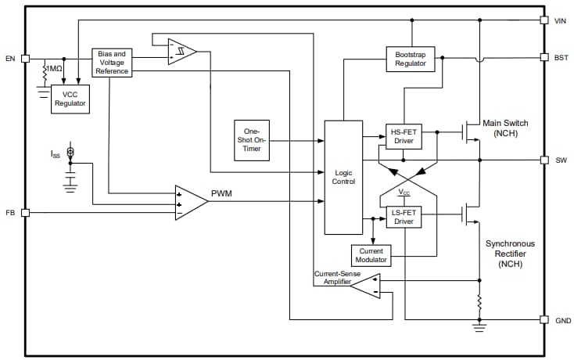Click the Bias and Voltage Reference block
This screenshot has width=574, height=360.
[x=112, y=63]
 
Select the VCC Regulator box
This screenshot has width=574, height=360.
[x=70, y=99]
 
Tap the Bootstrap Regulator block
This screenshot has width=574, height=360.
[x=410, y=59]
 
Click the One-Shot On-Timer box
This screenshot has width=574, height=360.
[x=252, y=140]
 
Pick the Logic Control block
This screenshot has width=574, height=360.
[x=343, y=177]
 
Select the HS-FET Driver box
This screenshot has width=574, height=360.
[x=403, y=137]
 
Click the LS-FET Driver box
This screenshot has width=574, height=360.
[x=403, y=217]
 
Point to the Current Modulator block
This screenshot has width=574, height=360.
[x=371, y=255]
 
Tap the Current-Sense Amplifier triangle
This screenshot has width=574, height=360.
[x=365, y=286]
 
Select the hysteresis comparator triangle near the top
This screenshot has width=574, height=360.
[x=181, y=52]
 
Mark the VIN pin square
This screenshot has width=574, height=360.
[x=544, y=20]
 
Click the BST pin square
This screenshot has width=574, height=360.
[x=544, y=58]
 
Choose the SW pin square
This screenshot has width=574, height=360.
[x=544, y=160]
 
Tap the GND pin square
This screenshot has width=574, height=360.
[x=544, y=319]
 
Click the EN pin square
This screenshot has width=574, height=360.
[x=25, y=58]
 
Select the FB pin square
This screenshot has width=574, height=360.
[x=25, y=212]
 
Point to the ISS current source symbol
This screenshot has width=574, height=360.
[x=70, y=152]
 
